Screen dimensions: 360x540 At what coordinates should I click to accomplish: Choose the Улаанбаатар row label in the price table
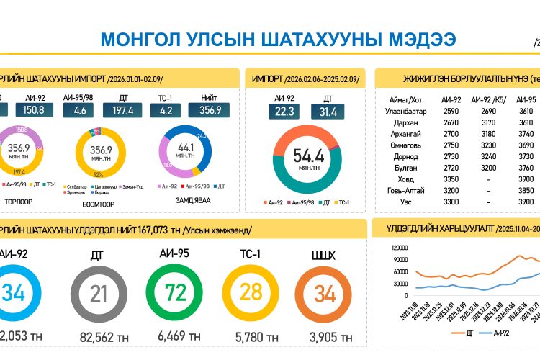click(x=406, y=111)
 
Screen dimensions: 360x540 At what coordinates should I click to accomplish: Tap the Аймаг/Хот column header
click(x=406, y=99)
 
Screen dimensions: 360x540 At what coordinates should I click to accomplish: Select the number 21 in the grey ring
click(x=99, y=294)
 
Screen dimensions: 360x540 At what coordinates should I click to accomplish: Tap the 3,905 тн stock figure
click(x=328, y=336)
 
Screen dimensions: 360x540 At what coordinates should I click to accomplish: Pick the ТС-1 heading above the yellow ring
click(x=251, y=253)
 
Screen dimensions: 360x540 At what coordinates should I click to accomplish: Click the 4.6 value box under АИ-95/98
click(x=79, y=110)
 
